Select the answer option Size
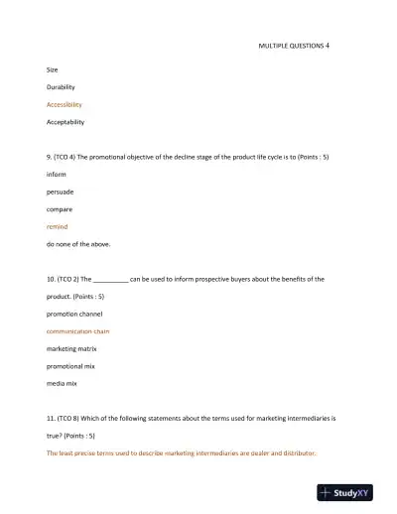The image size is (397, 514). coord(53,69)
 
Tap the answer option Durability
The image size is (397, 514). coord(61,87)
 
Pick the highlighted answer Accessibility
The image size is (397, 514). coord(65,104)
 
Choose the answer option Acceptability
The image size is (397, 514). coord(66,122)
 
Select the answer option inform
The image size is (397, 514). coord(57,175)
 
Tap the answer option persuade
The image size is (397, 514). coord(60,192)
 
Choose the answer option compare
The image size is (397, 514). coord(60,209)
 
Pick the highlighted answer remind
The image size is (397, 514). coord(58,226)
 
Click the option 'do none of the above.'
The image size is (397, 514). coord(78,244)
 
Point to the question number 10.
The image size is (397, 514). coord(52,279)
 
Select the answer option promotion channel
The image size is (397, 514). coord(74,314)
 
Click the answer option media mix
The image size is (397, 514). coord(62,383)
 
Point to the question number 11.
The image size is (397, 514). coord(52,418)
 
